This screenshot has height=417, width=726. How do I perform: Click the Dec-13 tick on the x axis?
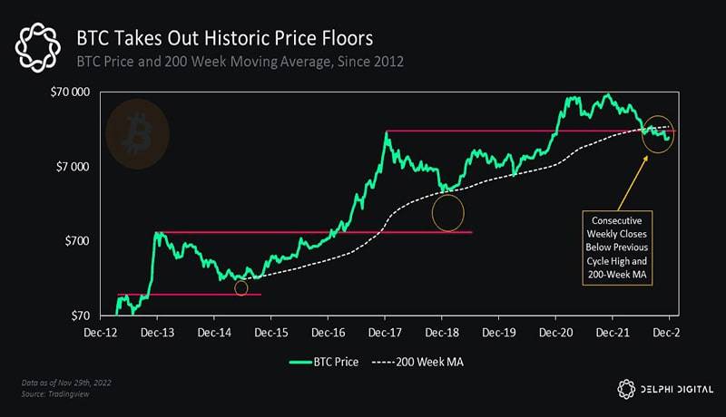click(157, 333)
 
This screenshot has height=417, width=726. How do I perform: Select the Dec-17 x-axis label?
click(385, 333)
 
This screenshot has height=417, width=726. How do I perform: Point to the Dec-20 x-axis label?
click(555, 333)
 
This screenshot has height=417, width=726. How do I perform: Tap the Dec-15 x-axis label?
click(270, 333)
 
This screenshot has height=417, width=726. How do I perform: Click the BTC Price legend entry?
click(325, 362)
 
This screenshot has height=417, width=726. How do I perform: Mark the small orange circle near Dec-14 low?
click(240, 288)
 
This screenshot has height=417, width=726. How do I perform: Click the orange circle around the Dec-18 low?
click(448, 212)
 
